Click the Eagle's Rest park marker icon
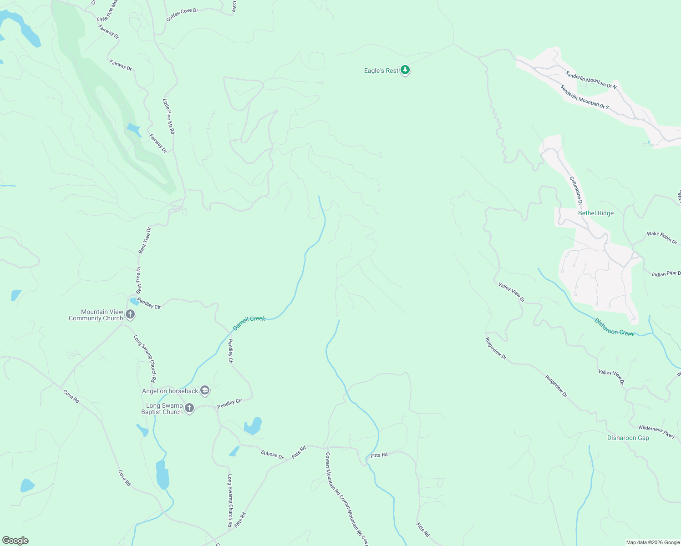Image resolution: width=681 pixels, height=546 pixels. click(405, 71)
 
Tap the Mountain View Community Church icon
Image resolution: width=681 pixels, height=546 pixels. click(130, 314)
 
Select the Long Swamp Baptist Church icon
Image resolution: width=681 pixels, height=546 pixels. click(189, 408)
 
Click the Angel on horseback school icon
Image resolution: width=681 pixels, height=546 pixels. click(205, 390)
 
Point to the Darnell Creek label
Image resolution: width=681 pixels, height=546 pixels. click(249, 323)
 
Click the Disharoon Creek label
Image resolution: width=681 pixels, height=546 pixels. click(614, 327)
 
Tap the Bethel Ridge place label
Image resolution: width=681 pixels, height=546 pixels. click(595, 213)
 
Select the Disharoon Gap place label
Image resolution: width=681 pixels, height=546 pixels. click(628, 438)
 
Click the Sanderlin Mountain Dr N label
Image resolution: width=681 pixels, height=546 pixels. click(591, 80)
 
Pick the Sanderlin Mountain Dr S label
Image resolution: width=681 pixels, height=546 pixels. click(584, 97)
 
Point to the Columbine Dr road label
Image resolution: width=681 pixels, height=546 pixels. click(576, 191)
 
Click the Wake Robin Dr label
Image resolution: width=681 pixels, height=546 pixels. click(662, 237)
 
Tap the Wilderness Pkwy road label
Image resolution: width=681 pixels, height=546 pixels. click(656, 431)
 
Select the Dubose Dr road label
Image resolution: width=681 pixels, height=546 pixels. click(272, 454)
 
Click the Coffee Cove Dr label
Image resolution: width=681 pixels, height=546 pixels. click(182, 15)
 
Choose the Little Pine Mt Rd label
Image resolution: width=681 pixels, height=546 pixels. click(168, 116)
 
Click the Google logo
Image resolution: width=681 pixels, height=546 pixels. click(15, 541)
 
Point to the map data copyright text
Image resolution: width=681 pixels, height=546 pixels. click(653, 542)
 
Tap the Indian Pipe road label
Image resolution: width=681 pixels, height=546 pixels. click(666, 274)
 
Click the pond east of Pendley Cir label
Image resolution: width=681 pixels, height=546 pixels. click(253, 426)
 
